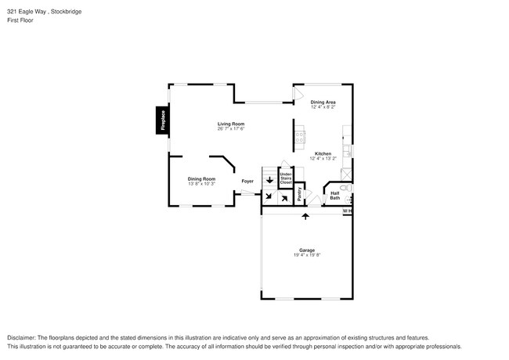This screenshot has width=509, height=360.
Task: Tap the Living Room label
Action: tap(231, 124)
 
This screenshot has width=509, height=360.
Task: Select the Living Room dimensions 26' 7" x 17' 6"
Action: tap(231, 129)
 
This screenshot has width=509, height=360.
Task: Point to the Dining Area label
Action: tap(323, 102)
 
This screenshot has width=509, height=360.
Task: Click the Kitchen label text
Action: tap(323, 153)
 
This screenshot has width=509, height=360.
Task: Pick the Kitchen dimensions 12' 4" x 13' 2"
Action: tap(323, 159)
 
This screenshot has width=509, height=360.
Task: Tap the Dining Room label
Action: tap(201, 178)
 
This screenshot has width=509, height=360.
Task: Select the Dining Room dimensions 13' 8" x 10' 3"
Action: tap(201, 184)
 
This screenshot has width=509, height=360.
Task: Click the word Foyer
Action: tap(247, 182)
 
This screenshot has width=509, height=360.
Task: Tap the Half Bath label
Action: tap(334, 196)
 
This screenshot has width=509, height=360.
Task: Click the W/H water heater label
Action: tap(347, 211)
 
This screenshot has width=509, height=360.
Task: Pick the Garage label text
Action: tap(306, 250)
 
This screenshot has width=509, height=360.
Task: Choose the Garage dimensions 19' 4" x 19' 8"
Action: tap(306, 255)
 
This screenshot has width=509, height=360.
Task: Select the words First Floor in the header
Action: tap(21, 22)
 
